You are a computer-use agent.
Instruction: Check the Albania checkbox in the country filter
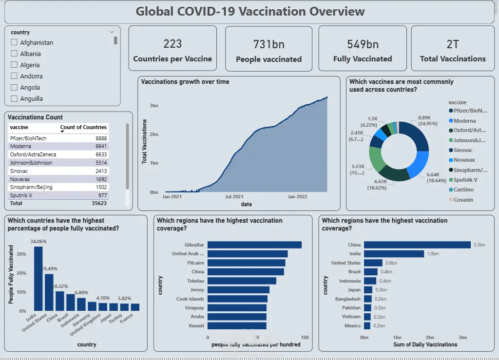click(x=14, y=54)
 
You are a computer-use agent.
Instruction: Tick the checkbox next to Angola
click(x=14, y=87)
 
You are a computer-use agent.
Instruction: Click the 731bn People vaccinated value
click(x=269, y=44)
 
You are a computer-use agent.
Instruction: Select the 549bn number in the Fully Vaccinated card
click(x=363, y=44)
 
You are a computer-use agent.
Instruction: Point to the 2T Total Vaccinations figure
click(x=453, y=44)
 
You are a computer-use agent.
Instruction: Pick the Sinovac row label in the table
click(x=19, y=171)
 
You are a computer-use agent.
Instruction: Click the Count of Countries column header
click(x=83, y=127)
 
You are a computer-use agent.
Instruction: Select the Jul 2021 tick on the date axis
click(x=234, y=197)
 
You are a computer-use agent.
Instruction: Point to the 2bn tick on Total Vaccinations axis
click(x=154, y=134)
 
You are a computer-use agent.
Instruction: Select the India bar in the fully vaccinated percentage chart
click(x=38, y=279)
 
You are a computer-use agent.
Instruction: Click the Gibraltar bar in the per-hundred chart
click(x=254, y=245)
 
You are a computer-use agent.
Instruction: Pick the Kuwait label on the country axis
click(x=196, y=325)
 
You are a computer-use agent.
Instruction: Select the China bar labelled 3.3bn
click(x=417, y=245)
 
